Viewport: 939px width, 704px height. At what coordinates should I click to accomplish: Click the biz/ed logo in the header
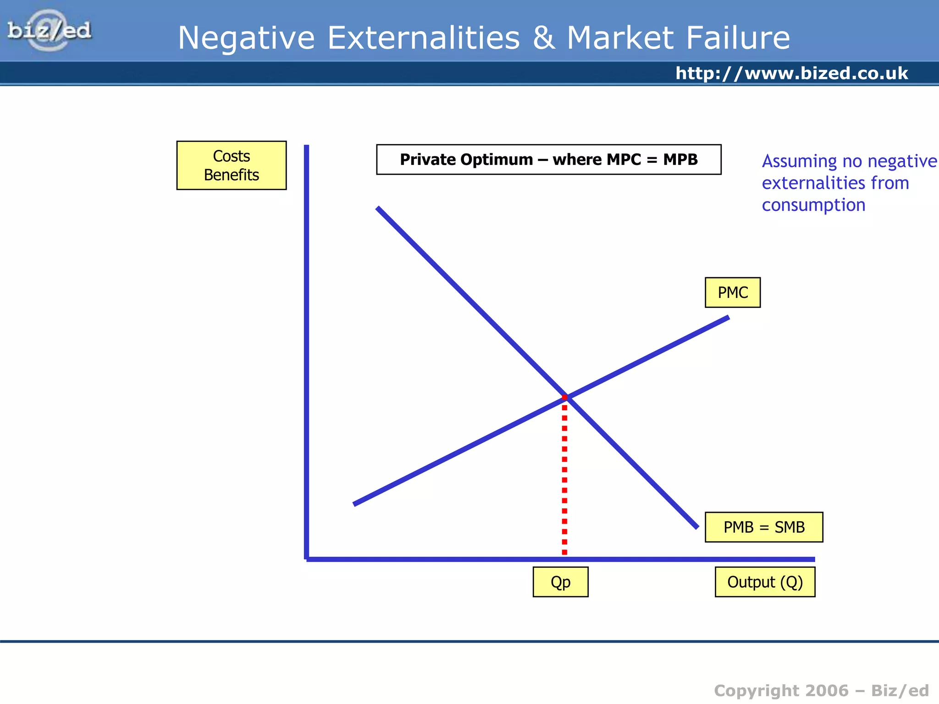point(49,31)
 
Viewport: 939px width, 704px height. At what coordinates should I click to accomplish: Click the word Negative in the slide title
point(246,38)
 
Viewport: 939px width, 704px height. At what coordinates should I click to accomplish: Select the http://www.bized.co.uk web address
point(791,73)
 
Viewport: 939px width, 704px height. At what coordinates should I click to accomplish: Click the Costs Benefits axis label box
point(232,165)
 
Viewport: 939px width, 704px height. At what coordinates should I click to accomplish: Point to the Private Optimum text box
point(548,159)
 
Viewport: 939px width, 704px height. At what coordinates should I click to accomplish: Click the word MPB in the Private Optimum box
point(680,159)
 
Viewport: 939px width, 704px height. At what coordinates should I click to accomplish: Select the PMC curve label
point(732,292)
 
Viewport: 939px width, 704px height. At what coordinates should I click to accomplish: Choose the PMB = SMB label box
point(764,527)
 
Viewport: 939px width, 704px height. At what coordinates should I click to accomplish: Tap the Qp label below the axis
point(560,582)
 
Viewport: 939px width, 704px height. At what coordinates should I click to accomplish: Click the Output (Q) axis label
point(765,582)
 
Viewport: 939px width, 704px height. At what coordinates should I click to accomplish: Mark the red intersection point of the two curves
point(565,397)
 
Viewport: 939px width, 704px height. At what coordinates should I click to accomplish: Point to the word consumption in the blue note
point(813,205)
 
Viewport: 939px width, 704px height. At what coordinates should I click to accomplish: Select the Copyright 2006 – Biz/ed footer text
point(821,690)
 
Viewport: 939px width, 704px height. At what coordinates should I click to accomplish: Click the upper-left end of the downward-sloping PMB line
point(378,209)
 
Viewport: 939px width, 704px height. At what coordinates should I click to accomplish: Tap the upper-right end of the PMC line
point(727,318)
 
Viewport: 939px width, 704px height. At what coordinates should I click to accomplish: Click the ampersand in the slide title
point(543,38)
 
